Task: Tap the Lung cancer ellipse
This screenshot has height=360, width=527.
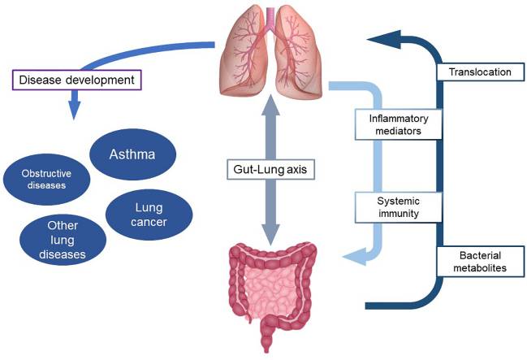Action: pos(149,214)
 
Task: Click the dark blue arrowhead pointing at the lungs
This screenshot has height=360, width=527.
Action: pos(380,37)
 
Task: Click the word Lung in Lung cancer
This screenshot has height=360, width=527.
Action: pos(149,205)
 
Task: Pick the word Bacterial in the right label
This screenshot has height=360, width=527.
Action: pos(479,255)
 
